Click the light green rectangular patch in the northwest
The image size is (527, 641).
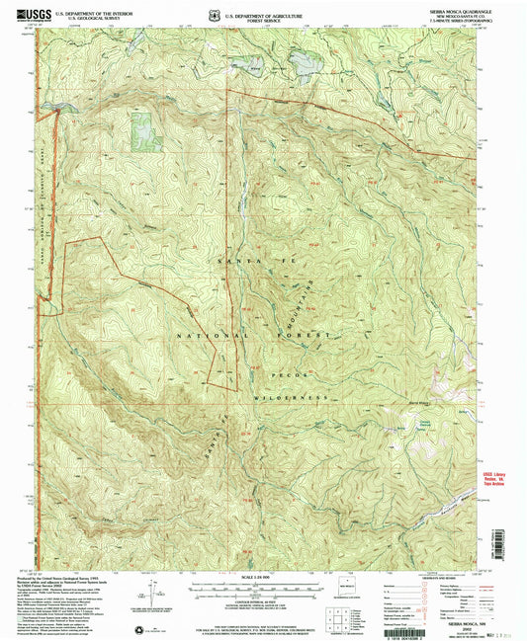click(x=143, y=130)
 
